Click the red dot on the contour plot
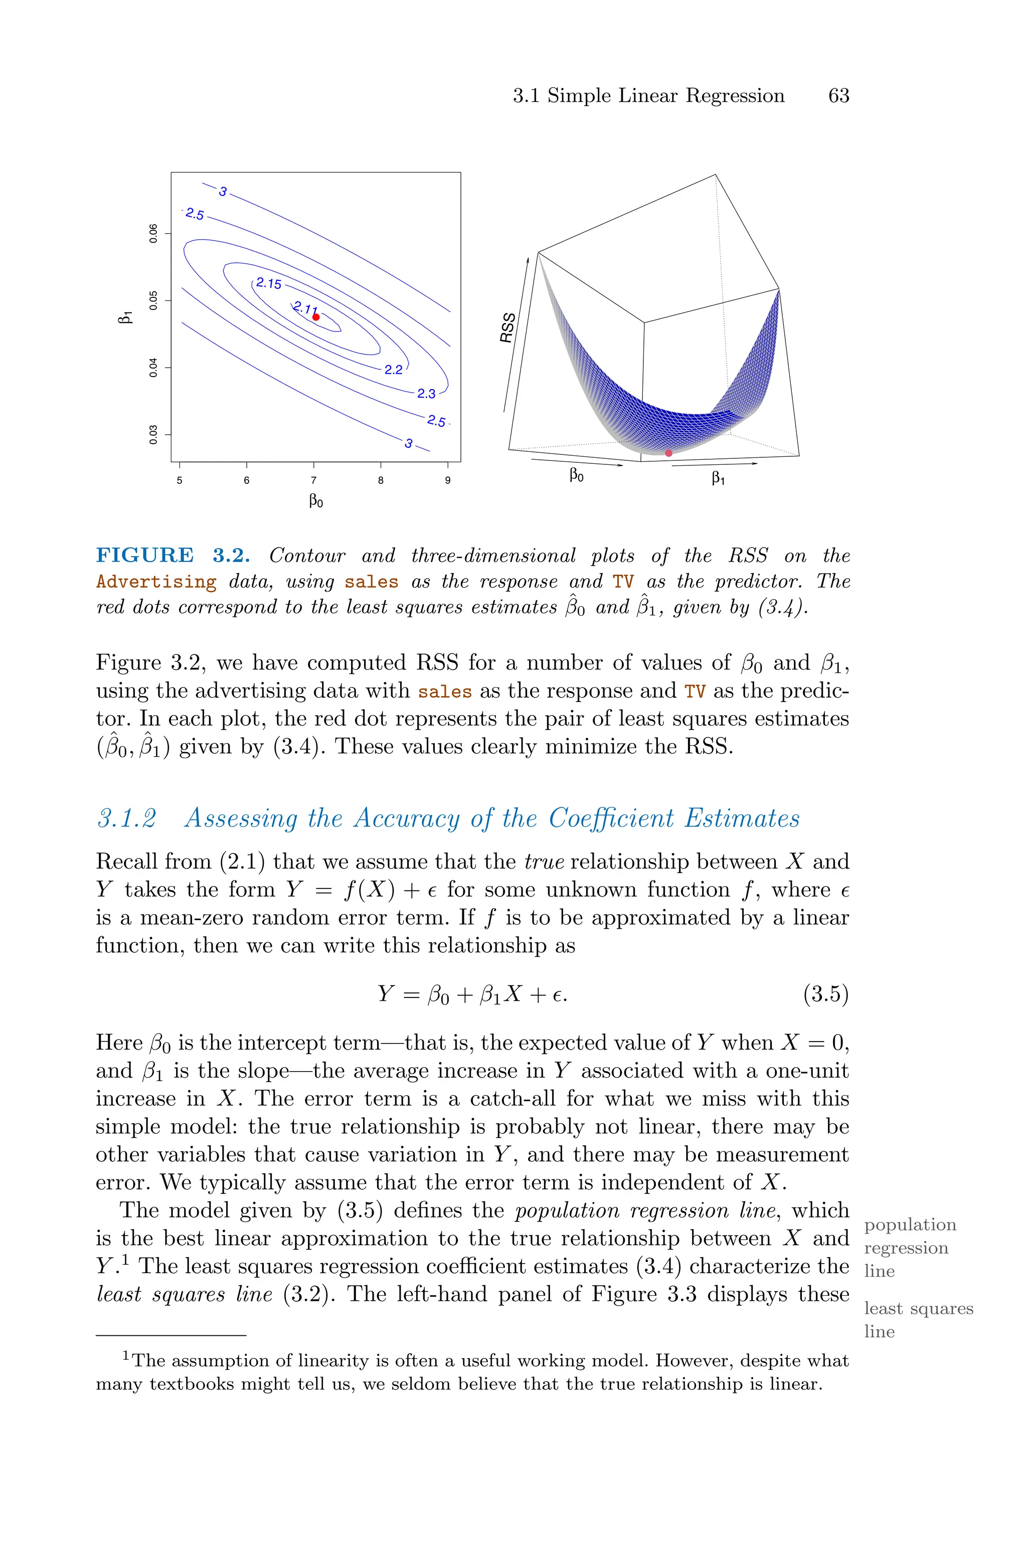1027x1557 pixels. click(316, 317)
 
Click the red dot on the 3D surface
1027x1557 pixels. click(668, 453)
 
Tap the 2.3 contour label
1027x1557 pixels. click(426, 394)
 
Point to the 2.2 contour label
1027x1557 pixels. click(394, 370)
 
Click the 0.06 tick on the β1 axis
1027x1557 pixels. click(153, 234)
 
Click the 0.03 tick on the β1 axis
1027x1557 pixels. click(153, 434)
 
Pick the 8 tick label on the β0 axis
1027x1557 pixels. click(381, 480)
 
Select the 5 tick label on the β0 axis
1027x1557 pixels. click(180, 480)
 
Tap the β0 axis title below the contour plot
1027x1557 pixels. click(316, 501)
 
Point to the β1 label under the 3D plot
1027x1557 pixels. click(718, 479)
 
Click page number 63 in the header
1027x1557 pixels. click(838, 96)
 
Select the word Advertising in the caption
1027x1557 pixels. click(156, 581)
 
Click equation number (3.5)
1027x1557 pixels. click(825, 994)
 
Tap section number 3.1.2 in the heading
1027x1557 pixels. click(127, 818)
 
